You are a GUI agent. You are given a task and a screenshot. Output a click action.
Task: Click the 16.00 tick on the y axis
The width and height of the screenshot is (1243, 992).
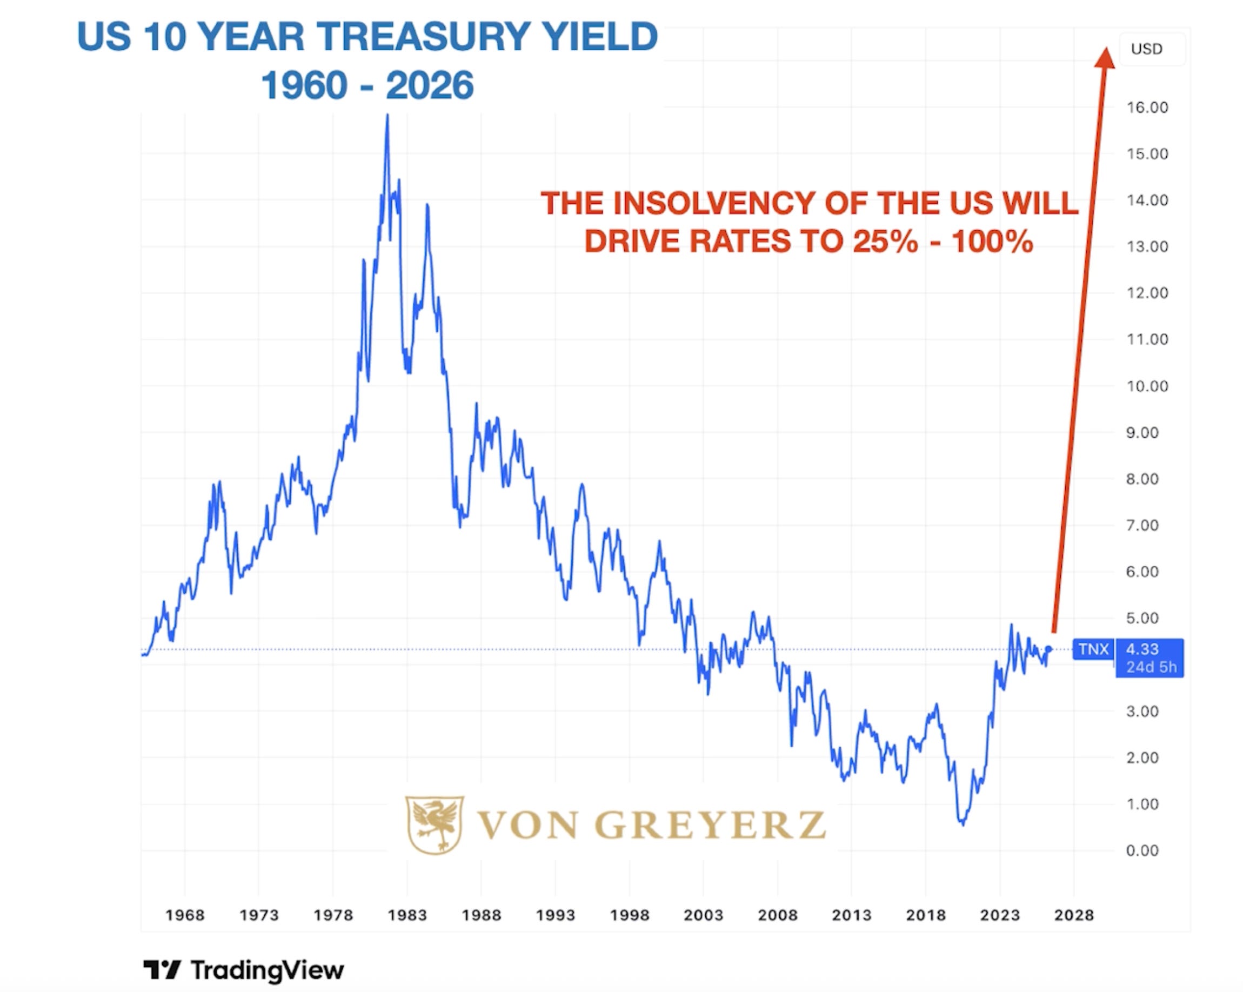[1147, 107]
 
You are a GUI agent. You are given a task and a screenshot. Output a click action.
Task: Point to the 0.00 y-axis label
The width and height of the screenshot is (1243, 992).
[1142, 851]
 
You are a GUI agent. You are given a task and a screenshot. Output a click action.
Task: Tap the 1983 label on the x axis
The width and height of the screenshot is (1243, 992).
[407, 915]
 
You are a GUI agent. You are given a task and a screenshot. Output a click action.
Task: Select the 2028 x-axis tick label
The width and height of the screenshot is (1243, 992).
[1074, 915]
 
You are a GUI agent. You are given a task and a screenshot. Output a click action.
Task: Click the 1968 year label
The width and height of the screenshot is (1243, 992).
[185, 915]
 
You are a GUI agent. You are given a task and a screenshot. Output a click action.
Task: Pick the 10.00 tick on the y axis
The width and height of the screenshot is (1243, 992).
[1147, 386]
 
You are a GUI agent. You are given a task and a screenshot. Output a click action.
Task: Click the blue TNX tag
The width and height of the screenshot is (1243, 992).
[1094, 649]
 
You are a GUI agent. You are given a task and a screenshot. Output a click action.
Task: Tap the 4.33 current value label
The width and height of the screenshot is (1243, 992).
[1142, 649]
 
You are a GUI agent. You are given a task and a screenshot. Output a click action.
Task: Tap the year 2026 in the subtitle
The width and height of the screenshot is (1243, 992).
[430, 85]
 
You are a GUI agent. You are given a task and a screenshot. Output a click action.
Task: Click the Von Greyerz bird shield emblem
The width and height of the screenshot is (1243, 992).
[435, 825]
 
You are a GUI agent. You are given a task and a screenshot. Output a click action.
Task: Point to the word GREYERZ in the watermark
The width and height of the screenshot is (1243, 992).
[710, 825]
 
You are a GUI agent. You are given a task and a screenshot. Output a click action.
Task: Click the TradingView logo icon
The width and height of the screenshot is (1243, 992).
[162, 969]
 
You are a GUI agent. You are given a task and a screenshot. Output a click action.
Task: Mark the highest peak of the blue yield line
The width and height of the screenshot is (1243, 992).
[387, 115]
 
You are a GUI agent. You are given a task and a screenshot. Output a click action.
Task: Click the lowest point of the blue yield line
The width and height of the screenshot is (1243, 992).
[962, 825]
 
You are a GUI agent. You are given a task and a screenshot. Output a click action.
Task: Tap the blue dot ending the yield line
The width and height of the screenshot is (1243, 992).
[1048, 649]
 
